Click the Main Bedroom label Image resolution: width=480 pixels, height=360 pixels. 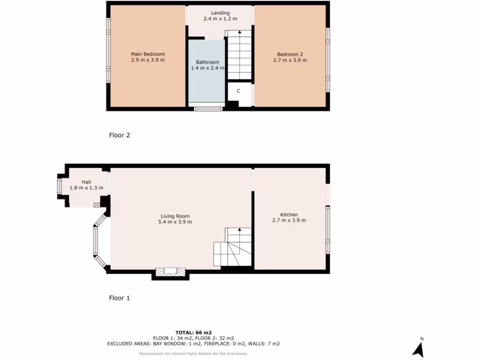click(x=148, y=54)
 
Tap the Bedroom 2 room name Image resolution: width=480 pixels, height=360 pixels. click(x=290, y=54)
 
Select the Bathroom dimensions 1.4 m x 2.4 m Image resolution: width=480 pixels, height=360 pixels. click(x=207, y=68)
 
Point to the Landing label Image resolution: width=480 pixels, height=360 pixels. click(x=220, y=13)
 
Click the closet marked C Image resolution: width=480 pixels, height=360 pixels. click(x=239, y=91)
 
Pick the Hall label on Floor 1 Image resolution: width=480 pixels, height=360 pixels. click(x=87, y=182)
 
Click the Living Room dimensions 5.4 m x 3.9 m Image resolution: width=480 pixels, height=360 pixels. click(x=175, y=222)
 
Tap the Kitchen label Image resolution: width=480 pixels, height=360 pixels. click(x=289, y=215)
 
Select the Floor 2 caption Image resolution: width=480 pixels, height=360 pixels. click(x=120, y=135)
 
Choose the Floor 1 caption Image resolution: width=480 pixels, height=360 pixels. click(x=120, y=298)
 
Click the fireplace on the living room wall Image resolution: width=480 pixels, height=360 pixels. click(x=170, y=271)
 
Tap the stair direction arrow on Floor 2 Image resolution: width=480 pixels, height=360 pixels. click(x=240, y=32)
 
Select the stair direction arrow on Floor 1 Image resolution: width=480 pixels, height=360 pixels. click(x=240, y=230)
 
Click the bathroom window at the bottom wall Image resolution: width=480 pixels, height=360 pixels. click(x=208, y=109)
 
